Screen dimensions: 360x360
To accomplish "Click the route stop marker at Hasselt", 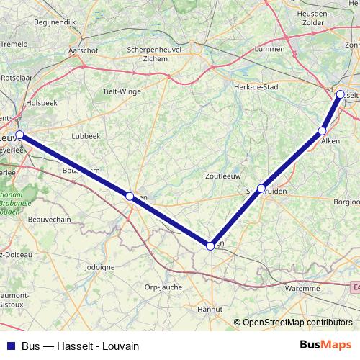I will [x=341, y=94].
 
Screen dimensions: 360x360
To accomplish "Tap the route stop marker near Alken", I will [x=323, y=130].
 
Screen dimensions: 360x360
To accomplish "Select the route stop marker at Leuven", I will [x=20, y=135].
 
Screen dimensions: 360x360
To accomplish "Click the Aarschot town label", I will [x=83, y=50].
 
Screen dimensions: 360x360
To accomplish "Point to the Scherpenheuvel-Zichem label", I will [x=155, y=54].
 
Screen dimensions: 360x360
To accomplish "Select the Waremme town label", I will [x=302, y=288].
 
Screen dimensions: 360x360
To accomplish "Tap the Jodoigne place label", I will [x=99, y=267].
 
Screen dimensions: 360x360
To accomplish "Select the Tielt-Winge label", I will [x=122, y=91].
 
